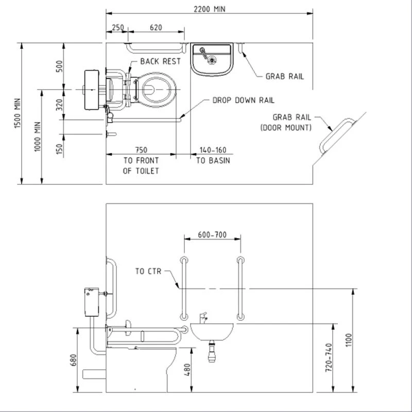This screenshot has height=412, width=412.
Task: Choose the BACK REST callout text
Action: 161,61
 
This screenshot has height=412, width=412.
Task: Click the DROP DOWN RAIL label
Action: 243,100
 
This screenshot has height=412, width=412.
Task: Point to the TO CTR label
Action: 148,271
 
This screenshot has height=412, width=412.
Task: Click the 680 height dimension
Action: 73,360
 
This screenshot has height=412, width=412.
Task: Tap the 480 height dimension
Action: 187,369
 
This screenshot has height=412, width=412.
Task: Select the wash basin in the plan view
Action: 212,58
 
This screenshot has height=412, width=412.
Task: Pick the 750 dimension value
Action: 141,150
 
